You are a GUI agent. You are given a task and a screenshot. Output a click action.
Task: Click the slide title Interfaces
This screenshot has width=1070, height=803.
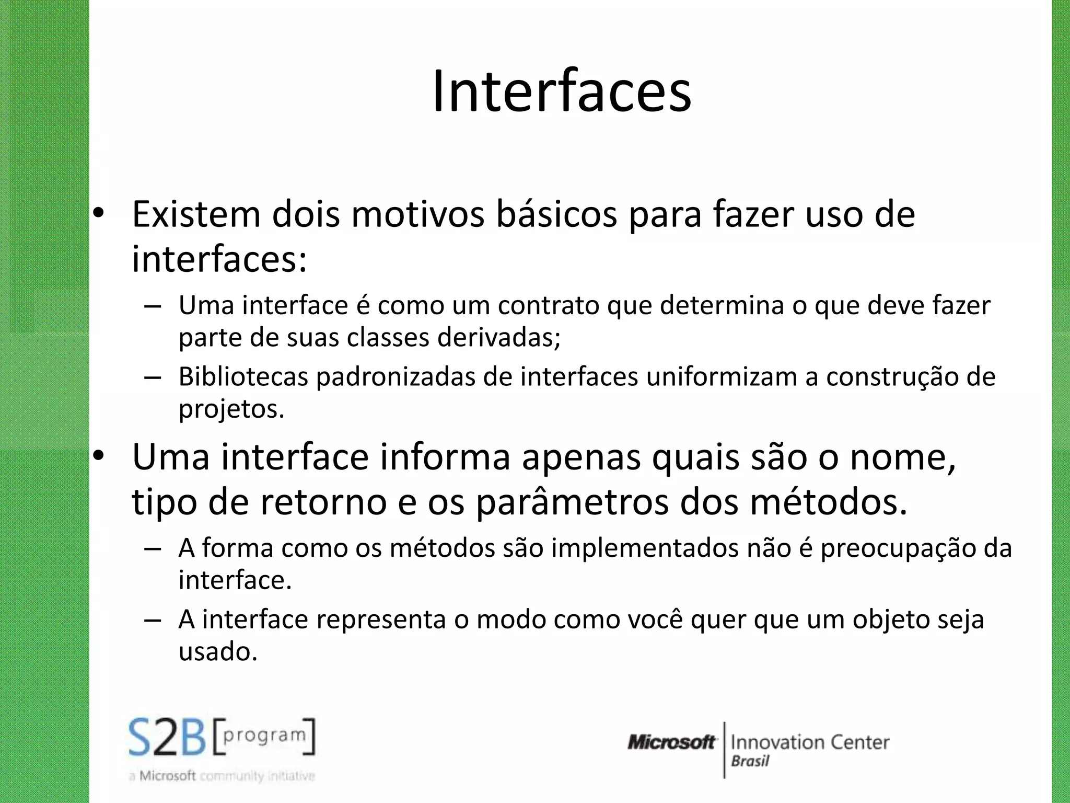click(562, 92)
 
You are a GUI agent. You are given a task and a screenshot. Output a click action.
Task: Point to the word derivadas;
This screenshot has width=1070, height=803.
click(499, 338)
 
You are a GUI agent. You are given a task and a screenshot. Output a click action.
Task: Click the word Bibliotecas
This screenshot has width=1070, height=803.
click(243, 377)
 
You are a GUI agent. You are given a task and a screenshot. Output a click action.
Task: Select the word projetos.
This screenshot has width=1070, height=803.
click(231, 409)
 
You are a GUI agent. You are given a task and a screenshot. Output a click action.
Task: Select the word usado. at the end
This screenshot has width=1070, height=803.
click(218, 652)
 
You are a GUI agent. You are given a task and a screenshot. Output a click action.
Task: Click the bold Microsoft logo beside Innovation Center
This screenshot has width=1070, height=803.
click(671, 742)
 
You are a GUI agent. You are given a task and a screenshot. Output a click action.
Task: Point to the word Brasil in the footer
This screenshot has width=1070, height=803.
click(750, 761)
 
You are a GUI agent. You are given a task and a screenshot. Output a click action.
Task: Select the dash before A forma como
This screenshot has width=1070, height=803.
click(152, 549)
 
